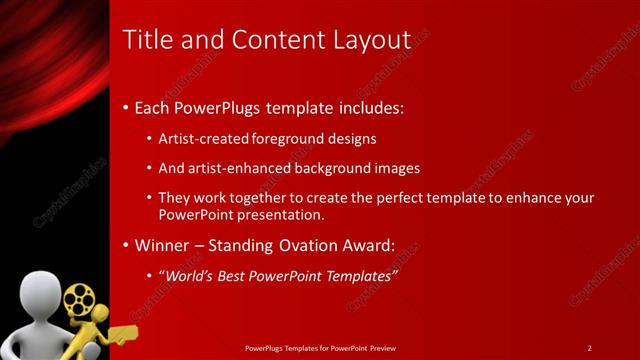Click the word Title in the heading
pyautogui.click(x=145, y=40)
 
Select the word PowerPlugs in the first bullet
pyautogui.click(x=214, y=107)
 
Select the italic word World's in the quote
pyautogui.click(x=191, y=274)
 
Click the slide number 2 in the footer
pyautogui.click(x=590, y=347)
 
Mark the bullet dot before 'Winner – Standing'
pyautogui.click(x=125, y=245)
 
